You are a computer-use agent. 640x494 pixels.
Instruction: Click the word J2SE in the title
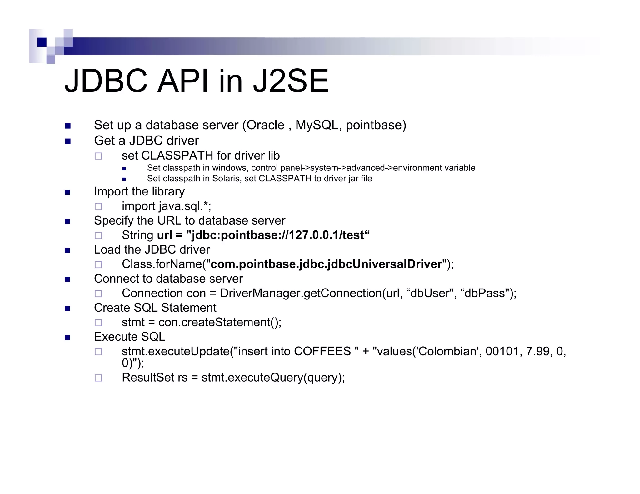[291, 81]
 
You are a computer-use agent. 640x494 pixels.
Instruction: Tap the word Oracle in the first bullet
[265, 125]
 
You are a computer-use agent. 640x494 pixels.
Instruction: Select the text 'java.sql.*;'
[185, 206]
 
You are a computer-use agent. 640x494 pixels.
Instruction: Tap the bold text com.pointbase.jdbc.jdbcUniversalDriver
[326, 264]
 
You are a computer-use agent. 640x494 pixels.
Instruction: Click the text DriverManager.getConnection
[301, 293]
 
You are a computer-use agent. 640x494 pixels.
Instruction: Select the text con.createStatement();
[220, 322]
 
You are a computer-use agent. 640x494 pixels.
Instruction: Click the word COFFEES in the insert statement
[322, 351]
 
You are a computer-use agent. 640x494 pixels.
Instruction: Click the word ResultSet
[148, 378]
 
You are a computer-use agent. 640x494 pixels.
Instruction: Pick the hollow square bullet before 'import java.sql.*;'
[98, 206]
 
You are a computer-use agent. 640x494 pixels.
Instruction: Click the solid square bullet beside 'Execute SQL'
[67, 337]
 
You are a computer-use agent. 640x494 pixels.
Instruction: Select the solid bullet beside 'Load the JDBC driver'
[67, 250]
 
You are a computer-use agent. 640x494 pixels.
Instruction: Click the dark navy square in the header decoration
[42, 42]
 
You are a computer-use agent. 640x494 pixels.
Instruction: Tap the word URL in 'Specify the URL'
[169, 221]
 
